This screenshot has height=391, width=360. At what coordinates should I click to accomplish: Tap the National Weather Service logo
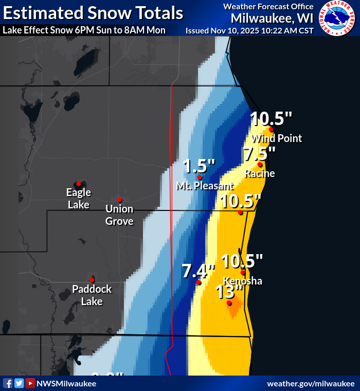point(337,18)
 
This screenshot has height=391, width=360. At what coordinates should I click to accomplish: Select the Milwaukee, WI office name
point(272,18)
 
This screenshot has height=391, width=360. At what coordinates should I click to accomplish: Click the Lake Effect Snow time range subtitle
point(84,30)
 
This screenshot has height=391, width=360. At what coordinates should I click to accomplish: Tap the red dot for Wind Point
point(271,129)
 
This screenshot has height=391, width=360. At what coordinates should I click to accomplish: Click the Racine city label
point(260,173)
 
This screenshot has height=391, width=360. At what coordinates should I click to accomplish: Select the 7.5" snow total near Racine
point(260,154)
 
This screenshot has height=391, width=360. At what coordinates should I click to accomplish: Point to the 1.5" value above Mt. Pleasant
point(199,166)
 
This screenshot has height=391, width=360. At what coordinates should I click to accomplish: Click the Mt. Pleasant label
point(205,186)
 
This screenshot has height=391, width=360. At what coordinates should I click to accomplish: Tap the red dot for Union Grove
point(119,200)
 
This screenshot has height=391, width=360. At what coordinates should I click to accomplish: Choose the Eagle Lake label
point(79,199)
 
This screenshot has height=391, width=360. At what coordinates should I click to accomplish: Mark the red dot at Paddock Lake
point(92,280)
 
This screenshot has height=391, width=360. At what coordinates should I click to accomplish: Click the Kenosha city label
point(243,281)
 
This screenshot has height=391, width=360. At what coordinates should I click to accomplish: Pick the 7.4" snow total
point(198,271)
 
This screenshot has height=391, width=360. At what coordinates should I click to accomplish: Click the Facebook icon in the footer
point(8,383)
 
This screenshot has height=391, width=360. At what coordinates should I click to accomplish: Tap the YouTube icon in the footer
point(30,383)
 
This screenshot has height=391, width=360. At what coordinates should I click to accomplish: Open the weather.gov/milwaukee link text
point(311,384)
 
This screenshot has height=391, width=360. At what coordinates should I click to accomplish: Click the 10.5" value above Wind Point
point(271,118)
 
